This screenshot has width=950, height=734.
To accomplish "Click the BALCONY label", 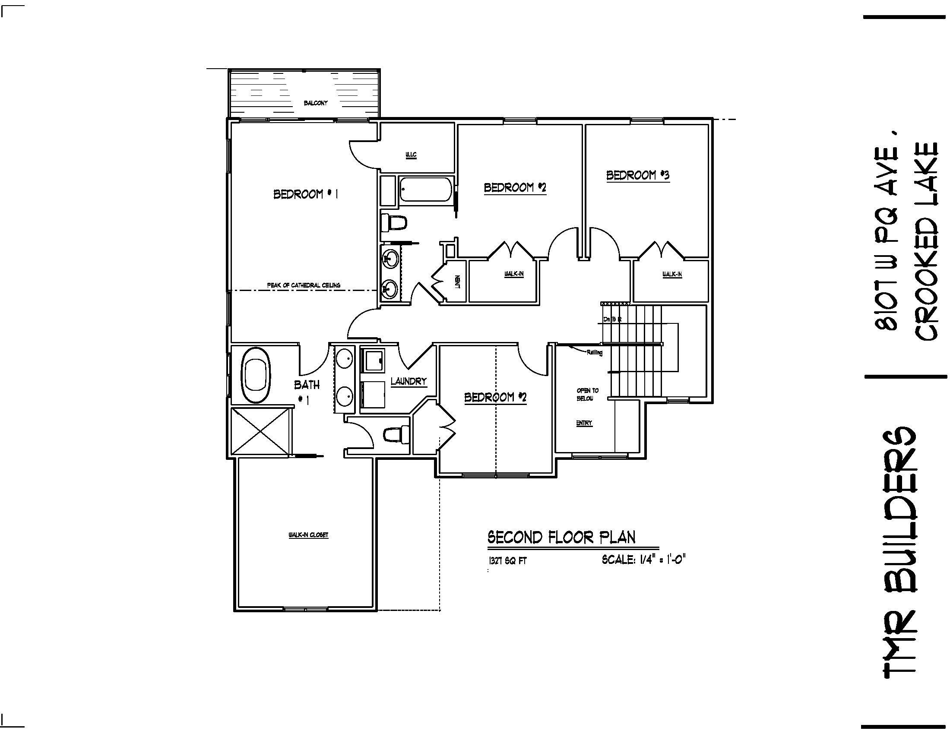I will [x=315, y=103].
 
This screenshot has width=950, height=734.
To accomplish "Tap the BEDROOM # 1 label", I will [x=305, y=194].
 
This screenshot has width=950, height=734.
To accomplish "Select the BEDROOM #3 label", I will [x=638, y=175].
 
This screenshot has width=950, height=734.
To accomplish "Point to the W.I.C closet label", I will [x=411, y=155].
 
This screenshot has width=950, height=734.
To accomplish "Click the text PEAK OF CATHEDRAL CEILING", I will [x=303, y=285].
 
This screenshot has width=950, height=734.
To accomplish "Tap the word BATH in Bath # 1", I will [x=307, y=384].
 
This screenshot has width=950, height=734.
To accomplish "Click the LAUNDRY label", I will [x=408, y=381].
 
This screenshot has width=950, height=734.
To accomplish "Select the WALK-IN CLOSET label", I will [x=308, y=535].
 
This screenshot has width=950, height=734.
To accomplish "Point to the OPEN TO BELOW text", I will [x=587, y=394].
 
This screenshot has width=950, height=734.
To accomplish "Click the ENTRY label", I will [x=584, y=423].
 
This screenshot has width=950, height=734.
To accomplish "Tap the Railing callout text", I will [x=594, y=353].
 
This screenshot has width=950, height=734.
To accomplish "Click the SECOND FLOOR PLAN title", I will [x=561, y=538].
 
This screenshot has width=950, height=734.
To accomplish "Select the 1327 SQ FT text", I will [x=508, y=561].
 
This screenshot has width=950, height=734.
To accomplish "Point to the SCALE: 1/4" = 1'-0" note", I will [x=643, y=560].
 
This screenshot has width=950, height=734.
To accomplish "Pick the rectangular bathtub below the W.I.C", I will [x=426, y=189].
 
